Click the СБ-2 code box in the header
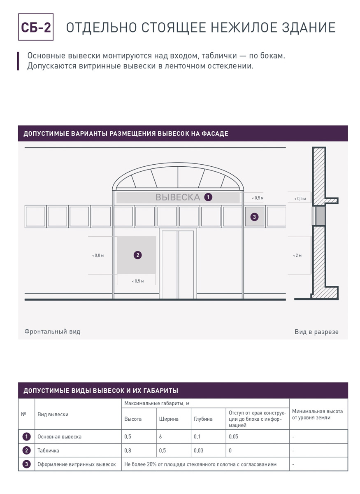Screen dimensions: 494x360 36,27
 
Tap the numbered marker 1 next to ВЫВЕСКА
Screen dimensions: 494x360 209,197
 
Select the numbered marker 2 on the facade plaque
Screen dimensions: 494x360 137,255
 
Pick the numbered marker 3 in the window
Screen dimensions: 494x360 254,217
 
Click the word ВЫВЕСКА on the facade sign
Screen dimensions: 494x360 177,197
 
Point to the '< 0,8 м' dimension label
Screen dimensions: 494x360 98,256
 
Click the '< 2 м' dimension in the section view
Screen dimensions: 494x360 297,256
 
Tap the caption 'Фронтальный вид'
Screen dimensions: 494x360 52,331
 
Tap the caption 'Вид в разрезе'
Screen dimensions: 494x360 316,332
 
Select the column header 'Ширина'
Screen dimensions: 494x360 168,419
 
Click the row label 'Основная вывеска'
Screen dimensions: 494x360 59,437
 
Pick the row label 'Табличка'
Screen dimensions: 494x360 48,450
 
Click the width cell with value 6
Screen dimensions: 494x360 160,437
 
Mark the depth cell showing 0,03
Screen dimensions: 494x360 198,450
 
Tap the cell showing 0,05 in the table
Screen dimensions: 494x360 233,437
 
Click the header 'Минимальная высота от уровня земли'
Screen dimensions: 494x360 317,415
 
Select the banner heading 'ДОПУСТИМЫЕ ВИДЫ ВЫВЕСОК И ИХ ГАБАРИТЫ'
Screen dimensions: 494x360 101,391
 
